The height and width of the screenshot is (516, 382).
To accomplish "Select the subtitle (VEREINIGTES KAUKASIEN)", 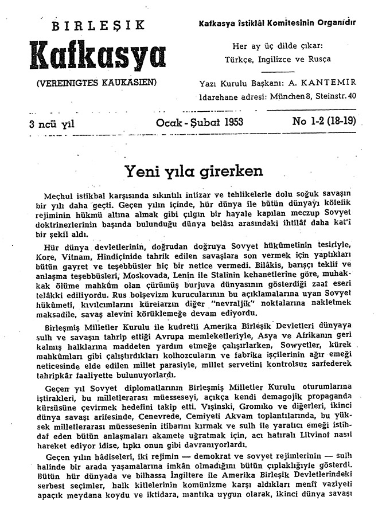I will pyautogui.click(x=96, y=82).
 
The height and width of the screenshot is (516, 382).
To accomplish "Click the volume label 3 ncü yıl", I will pyautogui.click(x=52, y=123).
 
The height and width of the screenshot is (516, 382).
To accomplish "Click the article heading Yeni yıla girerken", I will pyautogui.click(x=194, y=170).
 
